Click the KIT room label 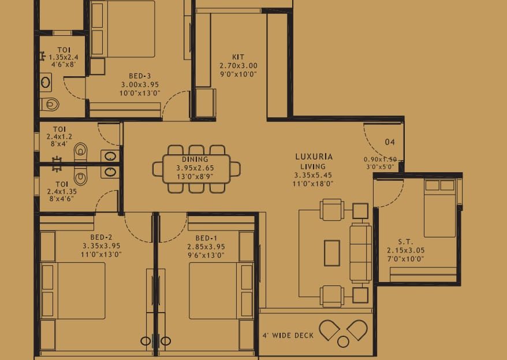pyautogui.click(x=238, y=57)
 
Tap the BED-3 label pyautogui.click(x=140, y=76)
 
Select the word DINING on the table pyautogui.click(x=195, y=159)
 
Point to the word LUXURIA pyautogui.click(x=314, y=157)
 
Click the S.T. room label pyautogui.click(x=405, y=242)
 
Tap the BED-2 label pyautogui.click(x=101, y=237)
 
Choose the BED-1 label pyautogui.click(x=206, y=238)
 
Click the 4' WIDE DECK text pyautogui.click(x=288, y=335)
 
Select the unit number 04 pyautogui.click(x=390, y=142)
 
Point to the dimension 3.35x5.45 pyautogui.click(x=312, y=175)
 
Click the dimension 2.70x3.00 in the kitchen pyautogui.click(x=238, y=66)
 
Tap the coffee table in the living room pyautogui.click(x=332, y=253)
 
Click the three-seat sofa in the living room pyautogui.click(x=360, y=253)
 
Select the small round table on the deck pyautogui.click(x=343, y=342)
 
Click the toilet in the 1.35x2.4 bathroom pyautogui.click(x=50, y=104)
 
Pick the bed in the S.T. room pyautogui.click(x=440, y=208)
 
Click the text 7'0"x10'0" pyautogui.click(x=405, y=259)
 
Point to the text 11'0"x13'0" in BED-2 pyautogui.click(x=101, y=255)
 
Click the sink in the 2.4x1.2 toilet pyautogui.click(x=110, y=156)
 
